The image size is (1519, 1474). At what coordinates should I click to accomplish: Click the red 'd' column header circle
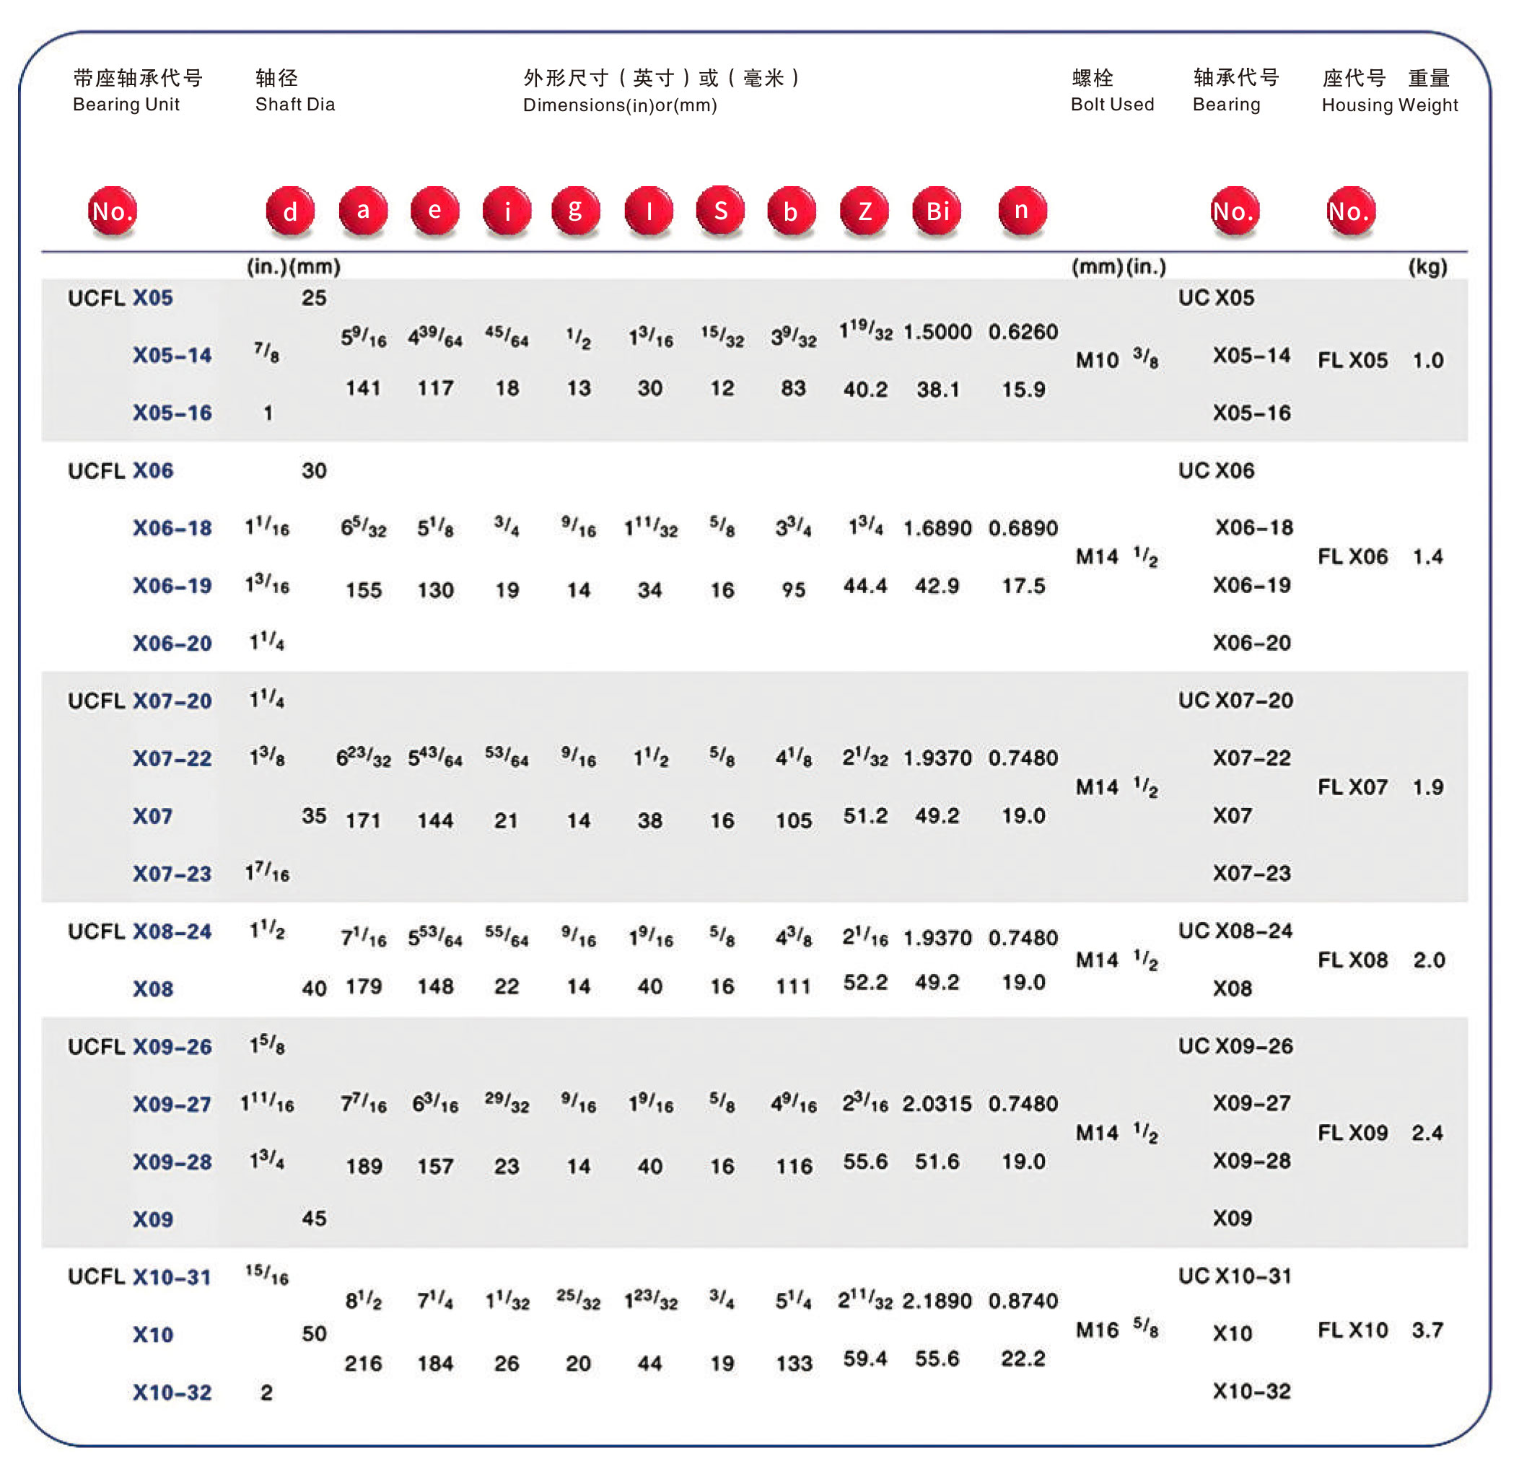pos(290,211)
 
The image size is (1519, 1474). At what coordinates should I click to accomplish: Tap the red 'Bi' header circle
pos(937,211)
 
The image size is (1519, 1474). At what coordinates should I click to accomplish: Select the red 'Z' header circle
pos(864,211)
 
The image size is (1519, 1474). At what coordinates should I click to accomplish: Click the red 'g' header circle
pos(575,211)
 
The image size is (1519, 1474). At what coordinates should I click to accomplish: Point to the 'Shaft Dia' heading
pos(295,105)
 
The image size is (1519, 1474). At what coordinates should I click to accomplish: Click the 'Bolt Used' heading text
pos(1112,105)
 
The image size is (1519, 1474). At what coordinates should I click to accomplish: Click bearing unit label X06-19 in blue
pos(172,586)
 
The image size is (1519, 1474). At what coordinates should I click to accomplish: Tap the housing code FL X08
pos(1352,960)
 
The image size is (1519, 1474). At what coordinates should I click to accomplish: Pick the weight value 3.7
pos(1427,1330)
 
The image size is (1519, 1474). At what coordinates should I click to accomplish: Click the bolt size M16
pos(1097,1330)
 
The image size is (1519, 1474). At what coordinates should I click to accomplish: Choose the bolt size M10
pos(1097,360)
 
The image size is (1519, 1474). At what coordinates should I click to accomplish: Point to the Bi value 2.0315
pos(936,1104)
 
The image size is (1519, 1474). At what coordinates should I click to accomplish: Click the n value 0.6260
pos(1023,333)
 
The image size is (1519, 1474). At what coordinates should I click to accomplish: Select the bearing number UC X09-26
pos(1235,1046)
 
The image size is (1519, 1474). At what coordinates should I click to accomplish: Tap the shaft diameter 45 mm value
pos(314,1219)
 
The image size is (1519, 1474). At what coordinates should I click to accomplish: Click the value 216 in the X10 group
pos(363,1364)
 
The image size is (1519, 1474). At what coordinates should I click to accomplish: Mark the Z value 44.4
pos(865,586)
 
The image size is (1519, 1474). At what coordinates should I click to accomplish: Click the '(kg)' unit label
pos(1427,268)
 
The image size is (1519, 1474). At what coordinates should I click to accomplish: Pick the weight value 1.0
pos(1427,360)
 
